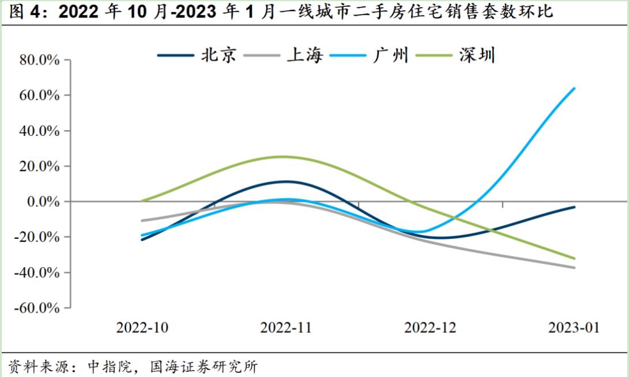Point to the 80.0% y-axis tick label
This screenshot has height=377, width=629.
click(x=39, y=60)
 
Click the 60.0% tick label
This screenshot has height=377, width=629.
click(x=39, y=95)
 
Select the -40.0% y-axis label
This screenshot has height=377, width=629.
click(x=37, y=272)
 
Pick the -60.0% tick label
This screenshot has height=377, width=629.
click(x=37, y=308)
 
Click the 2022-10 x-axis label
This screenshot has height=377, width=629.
click(x=142, y=328)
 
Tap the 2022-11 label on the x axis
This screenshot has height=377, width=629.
click(x=286, y=328)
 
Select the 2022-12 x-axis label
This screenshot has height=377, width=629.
click(x=430, y=328)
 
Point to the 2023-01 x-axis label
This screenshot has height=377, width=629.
click(x=574, y=328)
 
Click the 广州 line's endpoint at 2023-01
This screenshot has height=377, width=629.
click(x=575, y=88)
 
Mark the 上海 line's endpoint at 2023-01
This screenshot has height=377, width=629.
click(x=575, y=268)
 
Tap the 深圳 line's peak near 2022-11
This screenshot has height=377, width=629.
click(x=283, y=157)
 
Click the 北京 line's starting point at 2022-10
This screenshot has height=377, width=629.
click(x=142, y=239)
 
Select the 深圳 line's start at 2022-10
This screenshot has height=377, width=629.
click(x=142, y=201)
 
